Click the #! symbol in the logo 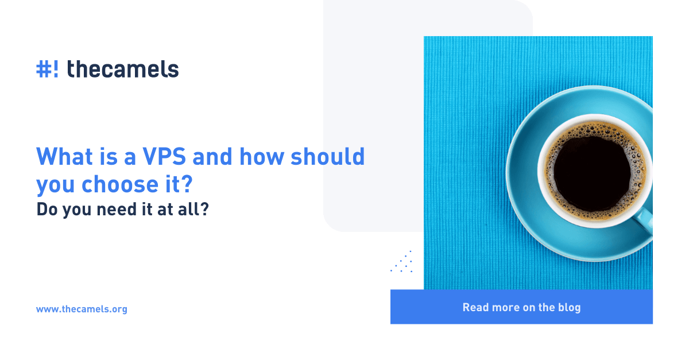point(47,69)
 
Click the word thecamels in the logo point(123,69)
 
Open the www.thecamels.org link point(82,309)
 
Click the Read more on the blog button point(521,307)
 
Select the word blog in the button point(569,307)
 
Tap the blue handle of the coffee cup point(645,221)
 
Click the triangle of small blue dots point(403,263)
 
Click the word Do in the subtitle point(45,210)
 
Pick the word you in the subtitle point(72,210)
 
